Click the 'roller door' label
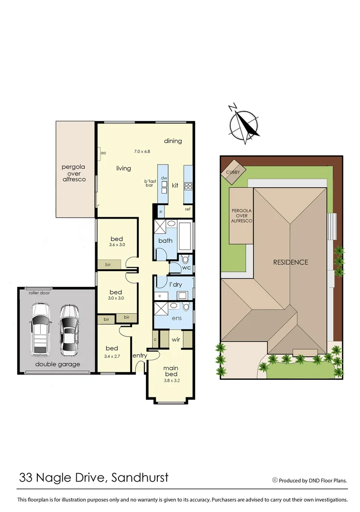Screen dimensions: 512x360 click(x=39, y=293)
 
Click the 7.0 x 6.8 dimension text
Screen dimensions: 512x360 click(x=142, y=152)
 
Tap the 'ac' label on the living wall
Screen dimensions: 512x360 click(x=103, y=153)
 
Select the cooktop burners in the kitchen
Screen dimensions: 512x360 click(x=188, y=185)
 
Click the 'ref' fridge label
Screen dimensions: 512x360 click(x=188, y=209)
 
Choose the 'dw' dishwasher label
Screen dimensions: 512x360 click(x=163, y=178)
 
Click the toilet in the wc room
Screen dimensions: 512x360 click(x=185, y=260)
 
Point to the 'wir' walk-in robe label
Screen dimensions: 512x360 click(x=175, y=339)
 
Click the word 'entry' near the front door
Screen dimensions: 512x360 click(x=139, y=356)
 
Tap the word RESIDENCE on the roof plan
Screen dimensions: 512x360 click(x=290, y=262)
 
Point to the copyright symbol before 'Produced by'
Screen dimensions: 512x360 click(x=275, y=480)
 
